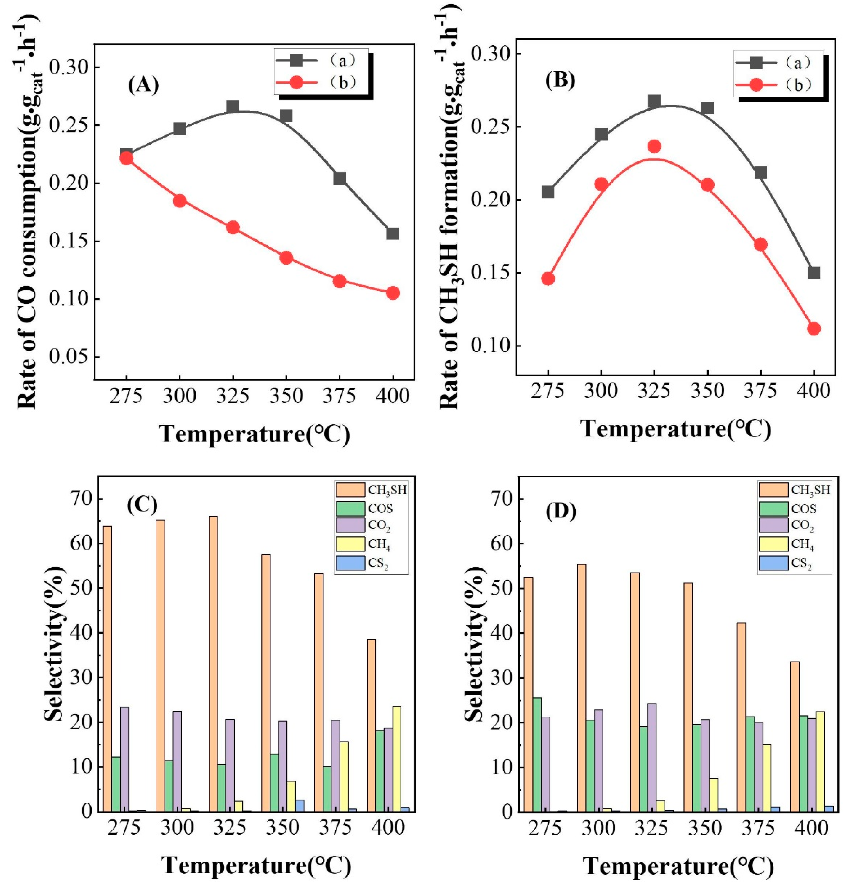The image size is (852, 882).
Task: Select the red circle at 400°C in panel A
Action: click(x=393, y=293)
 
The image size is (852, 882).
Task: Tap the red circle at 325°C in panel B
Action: click(x=655, y=146)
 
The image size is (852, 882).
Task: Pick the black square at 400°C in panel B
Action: click(x=813, y=273)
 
